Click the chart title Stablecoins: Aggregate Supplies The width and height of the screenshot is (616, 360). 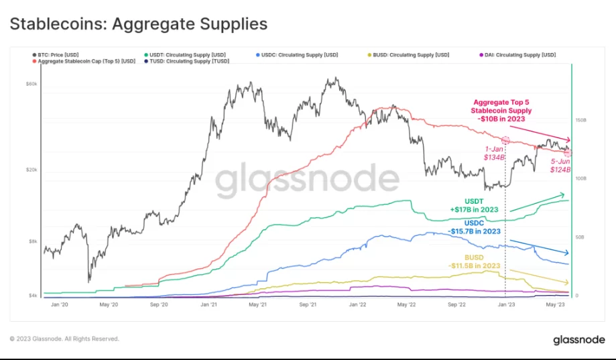click(138, 24)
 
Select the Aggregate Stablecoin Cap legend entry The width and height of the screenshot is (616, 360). click(83, 61)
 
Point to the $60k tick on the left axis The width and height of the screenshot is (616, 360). click(32, 84)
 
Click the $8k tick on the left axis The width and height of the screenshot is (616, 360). click(33, 241)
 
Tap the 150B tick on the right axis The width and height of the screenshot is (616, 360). click(580, 120)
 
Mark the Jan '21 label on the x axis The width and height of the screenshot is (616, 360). click(208, 304)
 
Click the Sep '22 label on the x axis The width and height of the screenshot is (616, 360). click(457, 304)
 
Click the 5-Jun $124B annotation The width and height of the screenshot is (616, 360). click(560, 166)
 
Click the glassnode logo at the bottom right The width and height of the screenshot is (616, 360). click(579, 340)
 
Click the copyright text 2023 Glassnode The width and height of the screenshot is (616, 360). click(64, 339)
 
